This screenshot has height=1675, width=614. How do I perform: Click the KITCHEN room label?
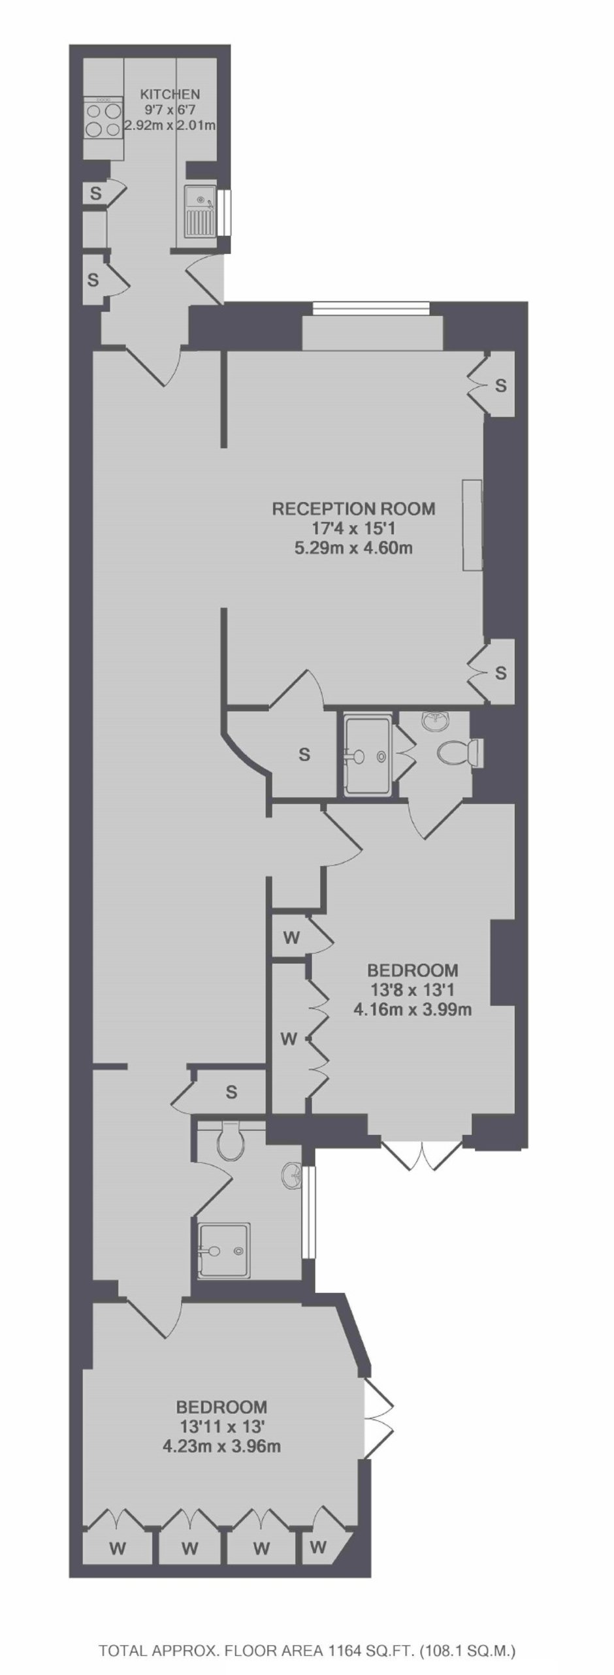pos(169,94)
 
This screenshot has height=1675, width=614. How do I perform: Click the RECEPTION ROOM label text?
pos(353,508)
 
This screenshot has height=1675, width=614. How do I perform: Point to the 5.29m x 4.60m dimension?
pos(353,547)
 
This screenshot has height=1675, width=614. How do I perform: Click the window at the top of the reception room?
pos(371,308)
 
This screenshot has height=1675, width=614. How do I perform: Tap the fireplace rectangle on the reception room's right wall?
pos(472,526)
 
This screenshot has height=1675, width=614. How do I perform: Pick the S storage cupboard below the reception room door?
pos(304,754)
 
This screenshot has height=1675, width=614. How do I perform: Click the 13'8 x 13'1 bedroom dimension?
pos(412,990)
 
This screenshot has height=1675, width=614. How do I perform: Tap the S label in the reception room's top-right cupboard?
pos(500,385)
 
